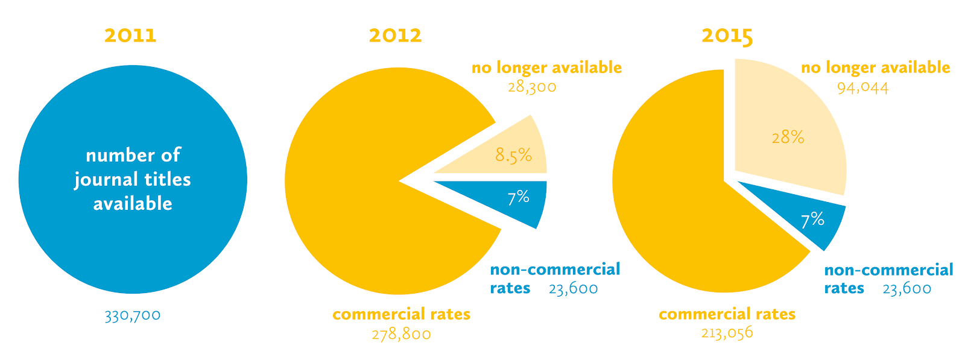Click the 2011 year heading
click(130, 36)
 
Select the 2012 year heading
click(396, 36)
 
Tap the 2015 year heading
click(727, 36)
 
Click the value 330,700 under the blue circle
click(133, 315)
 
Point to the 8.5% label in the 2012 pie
click(514, 156)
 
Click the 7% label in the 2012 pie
click(519, 197)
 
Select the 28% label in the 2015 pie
click(788, 137)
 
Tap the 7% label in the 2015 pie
click(813, 219)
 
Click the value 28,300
click(532, 87)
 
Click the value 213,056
click(727, 333)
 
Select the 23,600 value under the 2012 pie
click(574, 289)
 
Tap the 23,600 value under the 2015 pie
click(907, 289)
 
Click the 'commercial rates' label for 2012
click(402, 314)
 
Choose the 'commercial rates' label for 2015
click(727, 314)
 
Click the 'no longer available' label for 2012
click(546, 68)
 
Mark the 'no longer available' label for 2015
click(876, 68)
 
